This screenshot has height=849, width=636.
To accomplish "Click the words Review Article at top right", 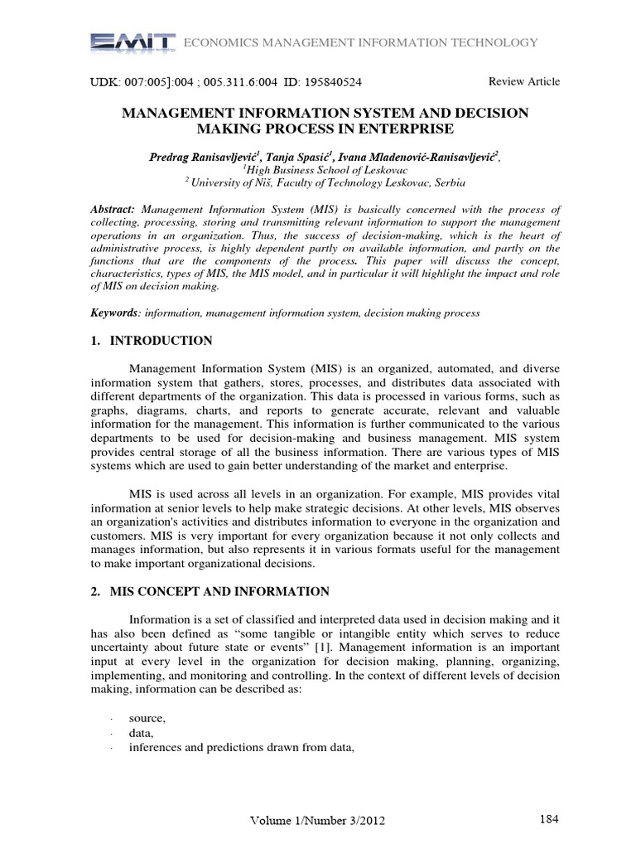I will coord(524,81).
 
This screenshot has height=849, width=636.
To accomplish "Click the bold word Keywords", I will coord(114,313).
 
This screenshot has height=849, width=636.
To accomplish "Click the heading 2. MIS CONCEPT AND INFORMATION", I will coord(210,591).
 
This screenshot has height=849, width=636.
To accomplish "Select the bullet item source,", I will coord(147,720).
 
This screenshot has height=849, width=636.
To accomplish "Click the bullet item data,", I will coord(142,734).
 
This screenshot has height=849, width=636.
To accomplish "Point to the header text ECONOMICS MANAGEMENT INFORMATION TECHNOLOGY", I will coord(359,43).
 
